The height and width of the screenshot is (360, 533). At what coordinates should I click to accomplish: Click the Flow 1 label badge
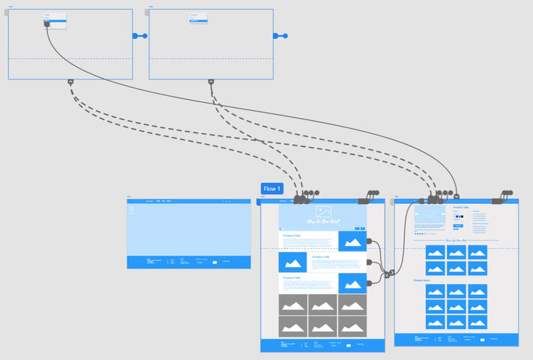pyautogui.click(x=271, y=189)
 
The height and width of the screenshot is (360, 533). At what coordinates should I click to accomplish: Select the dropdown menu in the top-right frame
pyautogui.click(x=199, y=17)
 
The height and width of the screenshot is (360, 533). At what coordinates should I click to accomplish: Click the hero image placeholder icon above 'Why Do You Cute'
pyautogui.click(x=323, y=212)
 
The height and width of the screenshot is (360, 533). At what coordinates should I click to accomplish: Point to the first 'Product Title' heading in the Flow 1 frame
pyautogui.click(x=292, y=235)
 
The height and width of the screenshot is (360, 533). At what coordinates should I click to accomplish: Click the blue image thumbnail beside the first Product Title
pyautogui.click(x=352, y=241)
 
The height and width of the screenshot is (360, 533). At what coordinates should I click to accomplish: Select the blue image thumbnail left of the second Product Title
pyautogui.click(x=293, y=262)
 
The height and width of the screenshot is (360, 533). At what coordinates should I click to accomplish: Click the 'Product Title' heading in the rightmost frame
pyautogui.click(x=461, y=207)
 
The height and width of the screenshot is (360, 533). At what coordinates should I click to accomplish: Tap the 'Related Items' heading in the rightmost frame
pyautogui.click(x=421, y=280)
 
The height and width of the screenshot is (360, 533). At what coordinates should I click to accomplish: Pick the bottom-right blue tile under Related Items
pyautogui.click(x=478, y=322)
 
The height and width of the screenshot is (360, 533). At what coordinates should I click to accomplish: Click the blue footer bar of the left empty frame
pyautogui.click(x=188, y=262)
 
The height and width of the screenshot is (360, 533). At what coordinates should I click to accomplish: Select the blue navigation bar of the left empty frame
pyautogui.click(x=188, y=201)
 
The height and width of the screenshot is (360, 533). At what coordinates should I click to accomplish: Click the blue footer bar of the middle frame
pyautogui.click(x=322, y=345)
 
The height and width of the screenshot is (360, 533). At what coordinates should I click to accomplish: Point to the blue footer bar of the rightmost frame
pyautogui.click(x=457, y=340)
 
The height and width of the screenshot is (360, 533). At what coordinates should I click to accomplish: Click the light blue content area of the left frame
pyautogui.click(x=188, y=229)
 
